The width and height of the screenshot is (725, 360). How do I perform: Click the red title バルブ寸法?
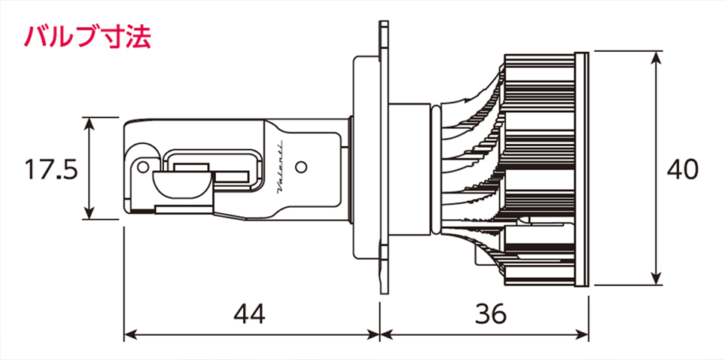[87, 37]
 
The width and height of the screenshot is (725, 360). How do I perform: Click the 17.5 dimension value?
[50, 169]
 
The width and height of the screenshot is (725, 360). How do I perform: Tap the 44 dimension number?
[250, 315]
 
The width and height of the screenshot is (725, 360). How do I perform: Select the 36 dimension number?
[491, 315]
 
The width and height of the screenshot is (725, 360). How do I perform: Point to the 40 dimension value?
[683, 169]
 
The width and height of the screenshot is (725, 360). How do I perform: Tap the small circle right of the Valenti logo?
[301, 166]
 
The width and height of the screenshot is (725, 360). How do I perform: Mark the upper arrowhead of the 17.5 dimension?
[89, 124]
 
